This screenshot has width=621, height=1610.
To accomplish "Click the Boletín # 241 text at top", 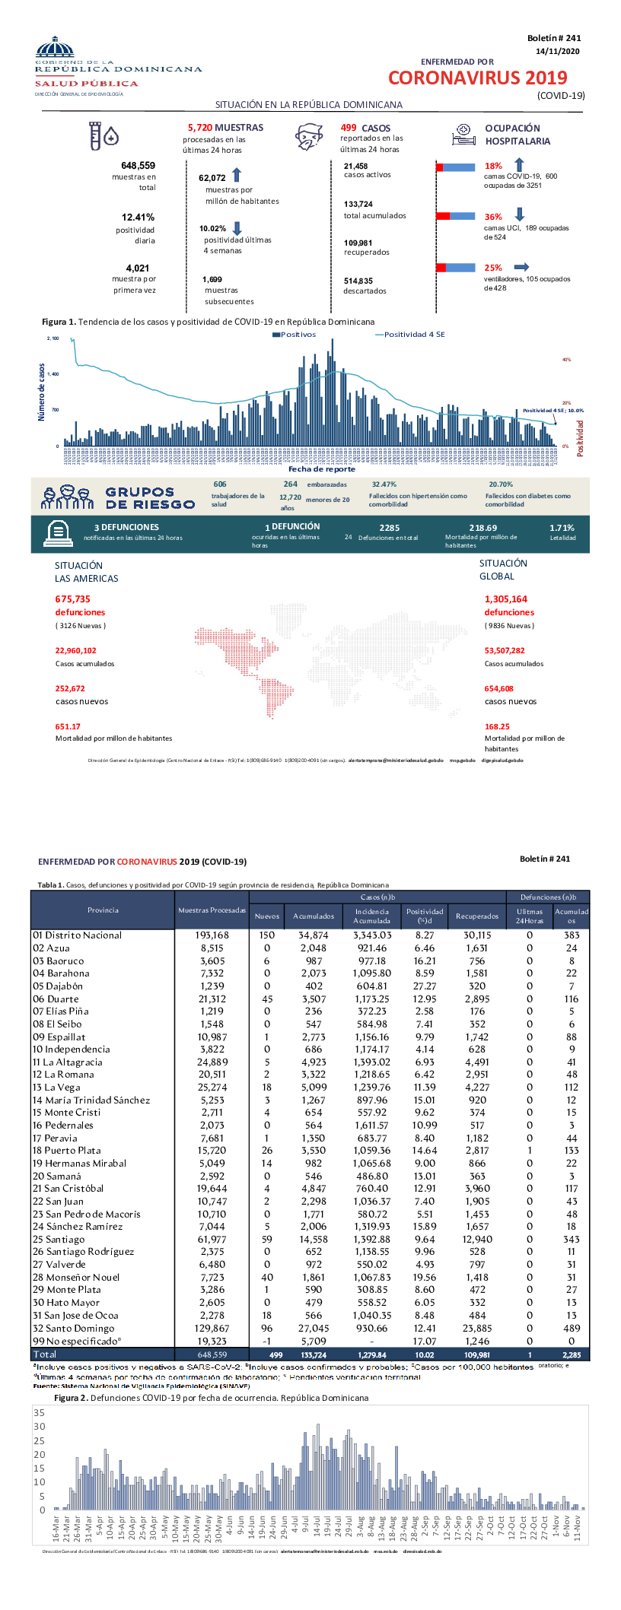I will (553, 38).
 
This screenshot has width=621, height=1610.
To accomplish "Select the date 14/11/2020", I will (557, 51).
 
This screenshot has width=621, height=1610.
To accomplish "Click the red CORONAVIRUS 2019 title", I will (477, 78).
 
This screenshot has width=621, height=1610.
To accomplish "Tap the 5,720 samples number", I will (200, 128).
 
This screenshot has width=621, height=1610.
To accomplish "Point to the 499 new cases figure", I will (349, 128).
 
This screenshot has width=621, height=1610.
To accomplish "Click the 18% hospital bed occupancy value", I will (493, 166).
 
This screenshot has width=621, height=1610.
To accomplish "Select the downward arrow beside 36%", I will (520, 215).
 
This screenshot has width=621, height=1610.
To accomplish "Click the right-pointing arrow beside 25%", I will (521, 267).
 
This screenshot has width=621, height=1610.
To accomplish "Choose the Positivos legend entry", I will (294, 335).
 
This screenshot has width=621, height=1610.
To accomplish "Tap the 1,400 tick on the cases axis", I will (53, 374).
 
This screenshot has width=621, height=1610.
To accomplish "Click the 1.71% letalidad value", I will (562, 528).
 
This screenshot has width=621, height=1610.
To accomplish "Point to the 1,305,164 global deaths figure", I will (505, 599).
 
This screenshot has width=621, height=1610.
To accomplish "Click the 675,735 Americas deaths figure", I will (72, 599).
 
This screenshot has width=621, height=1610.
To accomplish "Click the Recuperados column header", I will (477, 916).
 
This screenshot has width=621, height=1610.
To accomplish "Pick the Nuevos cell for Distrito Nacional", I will (266, 935).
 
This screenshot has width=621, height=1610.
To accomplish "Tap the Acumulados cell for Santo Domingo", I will (314, 1328).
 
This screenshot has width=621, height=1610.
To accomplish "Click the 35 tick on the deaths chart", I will (40, 1412).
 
